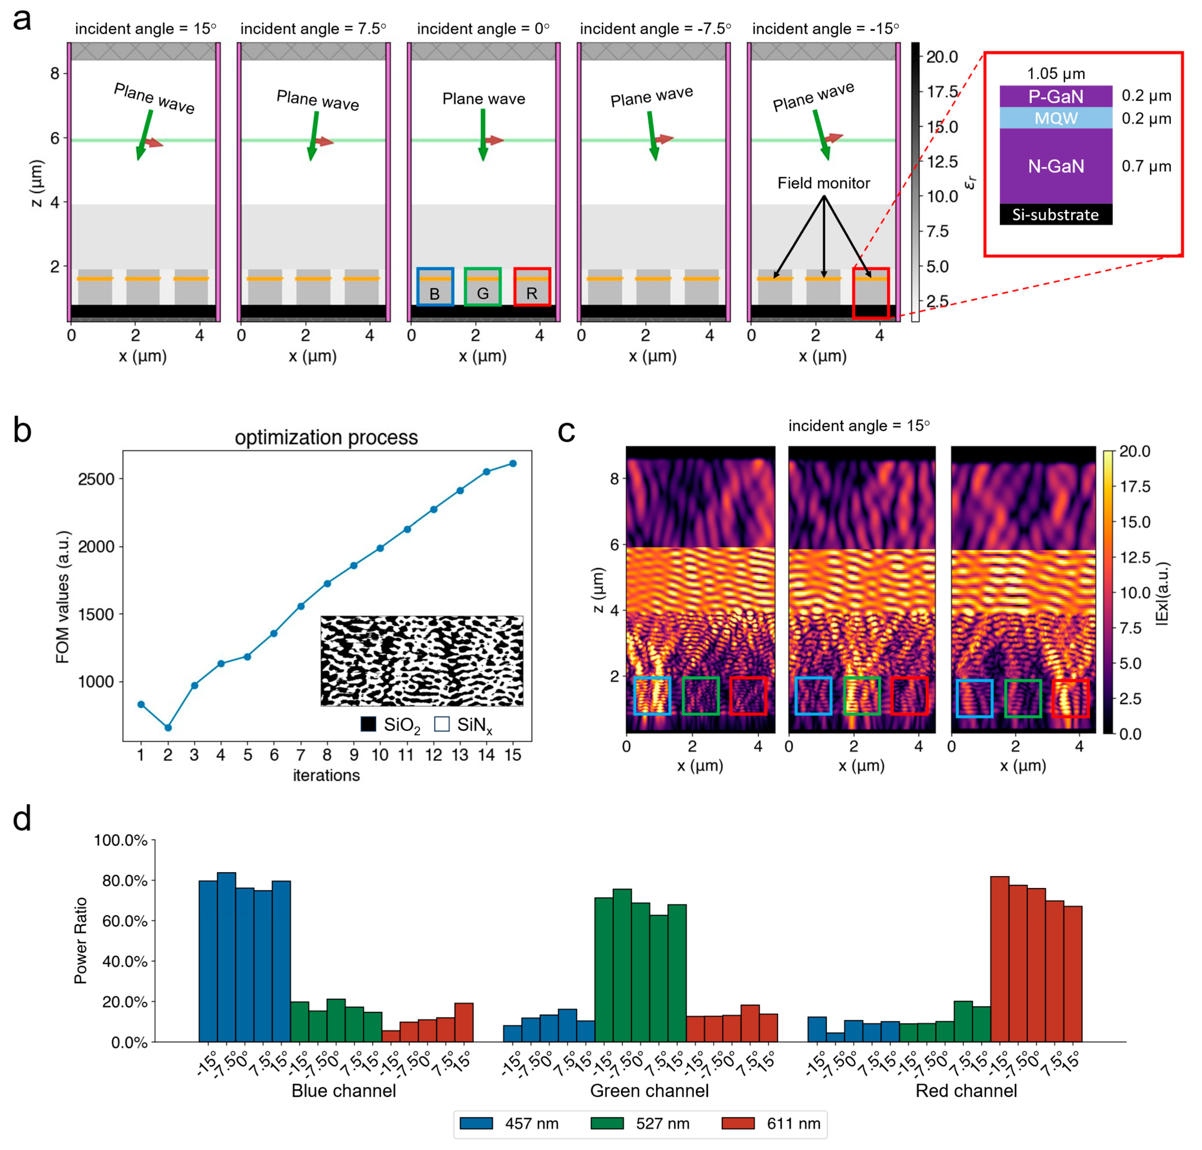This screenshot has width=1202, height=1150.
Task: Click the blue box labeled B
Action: click(x=435, y=286)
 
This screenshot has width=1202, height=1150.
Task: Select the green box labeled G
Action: click(x=483, y=286)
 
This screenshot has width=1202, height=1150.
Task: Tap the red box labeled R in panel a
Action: click(x=531, y=286)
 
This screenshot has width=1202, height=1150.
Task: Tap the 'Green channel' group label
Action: click(x=649, y=1091)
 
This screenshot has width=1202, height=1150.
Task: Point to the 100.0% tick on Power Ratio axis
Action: click(x=121, y=840)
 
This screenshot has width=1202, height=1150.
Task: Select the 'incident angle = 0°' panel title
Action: click(x=483, y=29)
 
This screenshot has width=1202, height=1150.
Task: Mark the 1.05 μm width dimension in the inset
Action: click(x=1055, y=74)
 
